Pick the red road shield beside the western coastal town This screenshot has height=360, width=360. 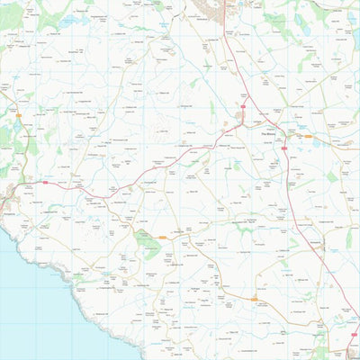[x=43, y=182]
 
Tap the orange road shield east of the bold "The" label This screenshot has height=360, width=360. [x=308, y=137]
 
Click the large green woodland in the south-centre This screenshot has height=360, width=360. [x=148, y=241]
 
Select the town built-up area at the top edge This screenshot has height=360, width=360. [x=214, y=7]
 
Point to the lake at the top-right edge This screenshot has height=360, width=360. [x=355, y=36]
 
